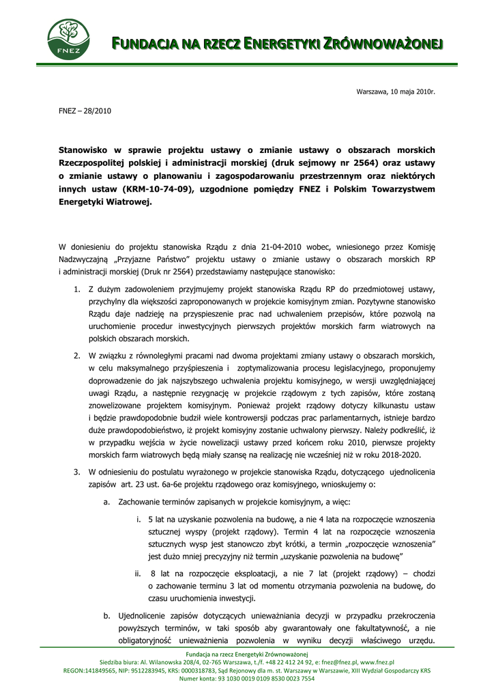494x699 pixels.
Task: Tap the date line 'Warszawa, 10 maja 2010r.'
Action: pyautogui.click(x=396, y=91)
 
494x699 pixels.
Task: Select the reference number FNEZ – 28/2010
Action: pyautogui.click(x=85, y=111)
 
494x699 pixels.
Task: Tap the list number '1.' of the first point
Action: pyautogui.click(x=77, y=289)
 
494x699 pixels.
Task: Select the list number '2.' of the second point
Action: pyautogui.click(x=77, y=356)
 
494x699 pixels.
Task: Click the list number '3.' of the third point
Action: pyautogui.click(x=77, y=472)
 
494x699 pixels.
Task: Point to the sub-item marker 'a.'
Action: pyautogui.click(x=107, y=502)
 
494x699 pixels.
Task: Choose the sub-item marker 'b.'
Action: pyautogui.click(x=107, y=616)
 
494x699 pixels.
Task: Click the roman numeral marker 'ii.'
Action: pyautogui.click(x=139, y=573)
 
